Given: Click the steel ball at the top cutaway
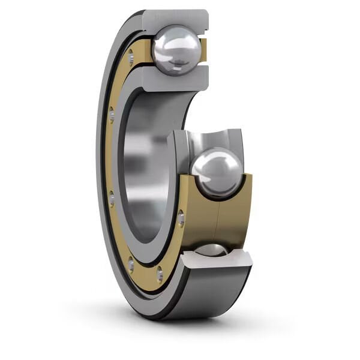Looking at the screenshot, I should pos(176,50).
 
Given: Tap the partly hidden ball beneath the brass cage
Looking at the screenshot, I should pos(211,250).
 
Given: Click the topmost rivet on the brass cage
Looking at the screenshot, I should pos(130,57).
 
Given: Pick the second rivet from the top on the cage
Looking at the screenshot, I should pos(112,112).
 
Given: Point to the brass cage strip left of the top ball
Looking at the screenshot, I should pos(144,51).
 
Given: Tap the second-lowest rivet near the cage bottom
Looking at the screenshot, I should pos(131,262).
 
